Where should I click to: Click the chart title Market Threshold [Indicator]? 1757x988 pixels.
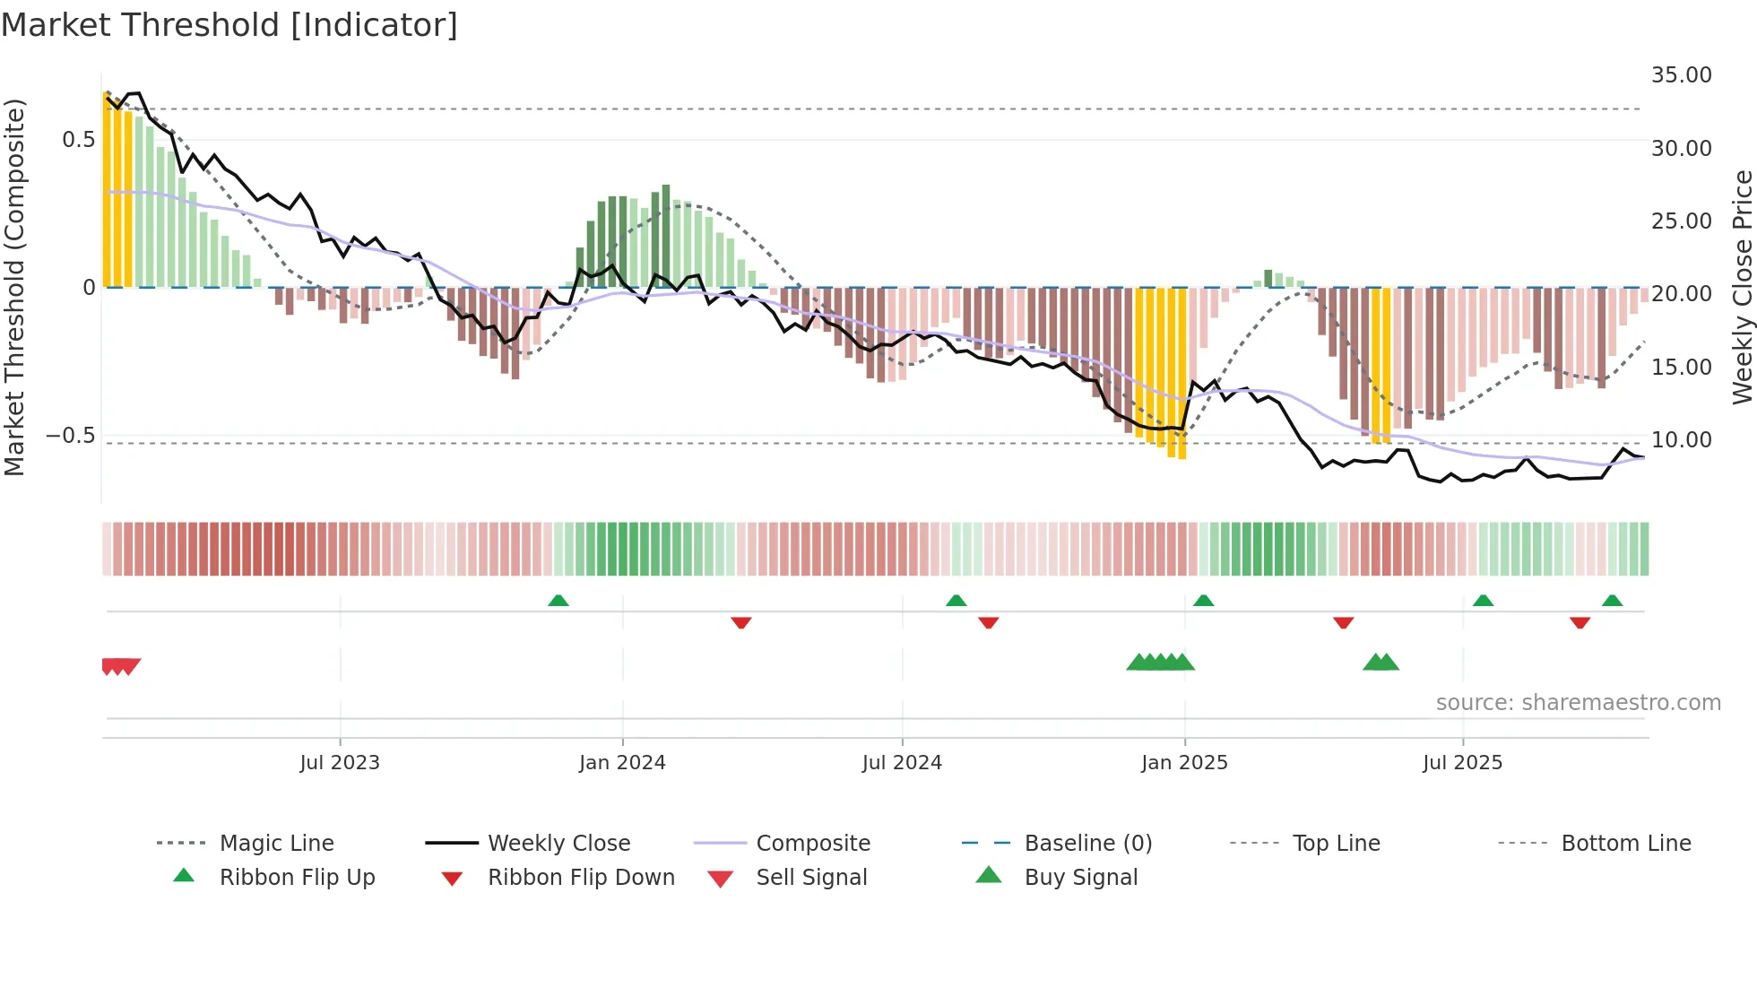click(x=229, y=25)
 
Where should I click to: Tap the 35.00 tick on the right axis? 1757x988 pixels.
click(x=1681, y=75)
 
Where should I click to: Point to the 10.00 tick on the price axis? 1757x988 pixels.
click(x=1681, y=440)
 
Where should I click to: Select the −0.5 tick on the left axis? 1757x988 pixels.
click(x=70, y=437)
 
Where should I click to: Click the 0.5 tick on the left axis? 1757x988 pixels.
click(x=78, y=140)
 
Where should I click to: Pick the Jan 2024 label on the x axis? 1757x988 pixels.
click(x=622, y=763)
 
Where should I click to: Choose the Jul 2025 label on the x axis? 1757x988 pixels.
click(x=1462, y=763)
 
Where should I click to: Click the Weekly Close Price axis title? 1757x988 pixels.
click(x=1742, y=287)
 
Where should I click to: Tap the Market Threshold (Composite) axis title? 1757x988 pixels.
click(x=14, y=287)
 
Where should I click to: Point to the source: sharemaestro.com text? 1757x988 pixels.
click(x=1578, y=703)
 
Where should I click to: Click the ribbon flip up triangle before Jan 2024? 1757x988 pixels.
click(x=558, y=601)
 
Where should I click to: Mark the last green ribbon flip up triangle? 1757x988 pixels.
click(x=1612, y=601)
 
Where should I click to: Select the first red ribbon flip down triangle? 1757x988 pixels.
click(x=740, y=622)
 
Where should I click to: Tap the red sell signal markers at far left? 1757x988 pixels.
click(x=120, y=666)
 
